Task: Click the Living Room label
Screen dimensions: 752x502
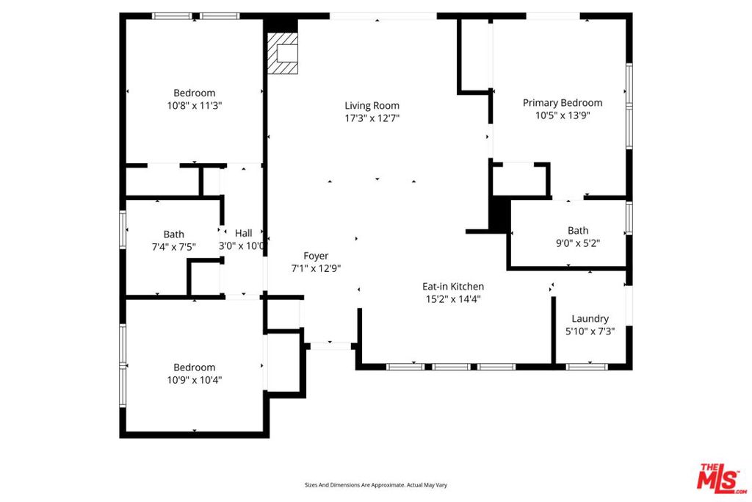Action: point(372,106)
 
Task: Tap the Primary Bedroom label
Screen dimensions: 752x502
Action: point(562,103)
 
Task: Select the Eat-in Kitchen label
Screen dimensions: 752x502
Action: point(452,287)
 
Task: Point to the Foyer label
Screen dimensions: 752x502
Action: point(316,257)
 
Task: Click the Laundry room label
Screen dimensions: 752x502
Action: point(590,319)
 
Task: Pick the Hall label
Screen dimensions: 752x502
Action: point(243,233)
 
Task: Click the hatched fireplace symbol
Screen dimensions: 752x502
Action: point(283,53)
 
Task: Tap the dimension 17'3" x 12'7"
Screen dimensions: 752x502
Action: point(372,118)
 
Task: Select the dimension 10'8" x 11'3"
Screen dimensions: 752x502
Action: point(194,106)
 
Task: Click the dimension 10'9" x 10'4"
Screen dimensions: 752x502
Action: point(194,380)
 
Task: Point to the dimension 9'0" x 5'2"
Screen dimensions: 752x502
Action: point(577,243)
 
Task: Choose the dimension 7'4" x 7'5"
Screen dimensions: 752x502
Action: point(173,247)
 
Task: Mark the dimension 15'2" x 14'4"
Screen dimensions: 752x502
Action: point(452,299)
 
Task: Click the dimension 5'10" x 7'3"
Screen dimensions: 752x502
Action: point(590,331)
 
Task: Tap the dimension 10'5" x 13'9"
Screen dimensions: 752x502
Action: point(562,115)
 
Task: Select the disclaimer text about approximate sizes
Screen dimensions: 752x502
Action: point(376,485)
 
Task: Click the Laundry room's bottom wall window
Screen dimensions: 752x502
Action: point(587,367)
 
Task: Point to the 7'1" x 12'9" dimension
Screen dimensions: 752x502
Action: point(316,269)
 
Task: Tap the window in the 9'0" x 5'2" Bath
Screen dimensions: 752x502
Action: point(629,218)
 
